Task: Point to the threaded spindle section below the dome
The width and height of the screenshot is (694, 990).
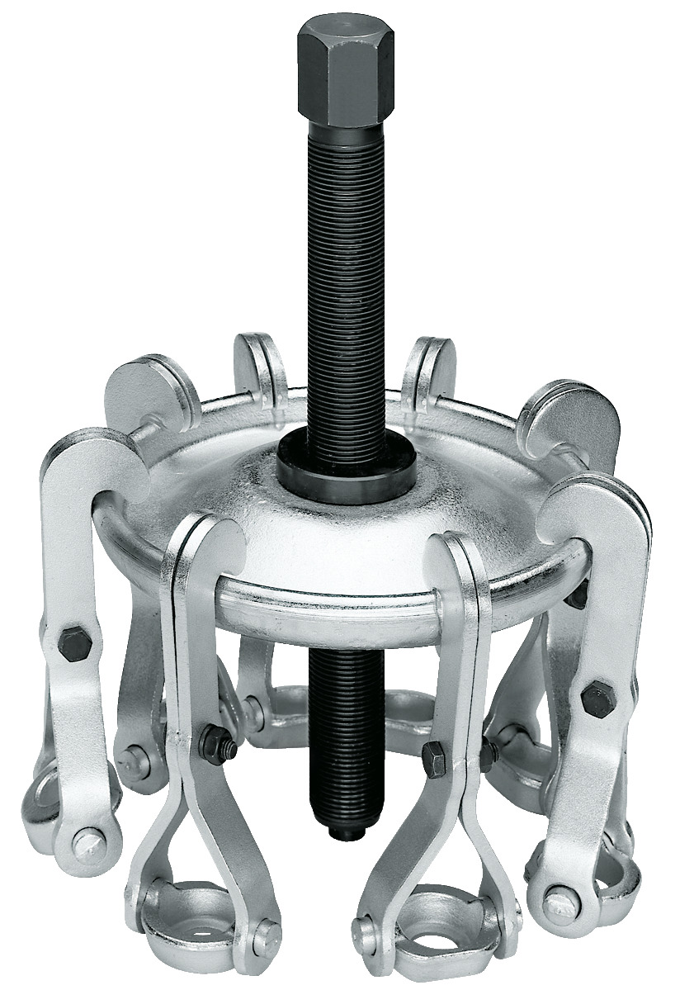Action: [339, 727]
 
